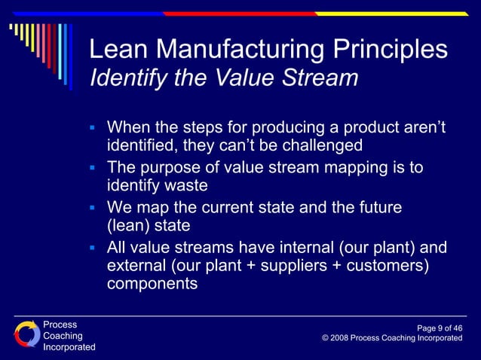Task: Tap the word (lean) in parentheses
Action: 130,227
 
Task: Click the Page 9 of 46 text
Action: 440,328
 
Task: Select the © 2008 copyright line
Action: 392,339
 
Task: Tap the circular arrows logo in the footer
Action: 26,334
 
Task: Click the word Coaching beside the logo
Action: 63,336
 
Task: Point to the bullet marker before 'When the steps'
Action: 92,127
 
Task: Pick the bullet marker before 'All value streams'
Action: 92,248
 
